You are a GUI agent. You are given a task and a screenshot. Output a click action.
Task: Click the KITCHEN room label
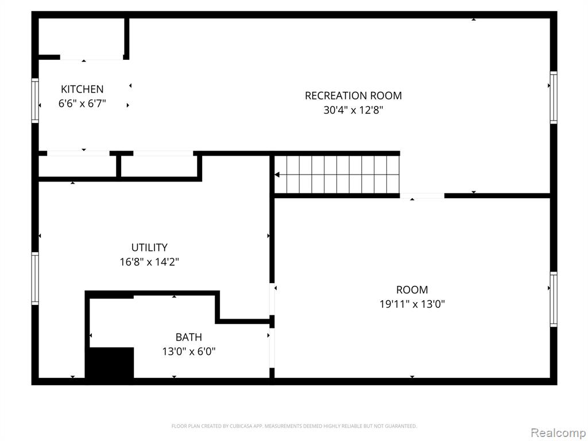[x=82, y=89]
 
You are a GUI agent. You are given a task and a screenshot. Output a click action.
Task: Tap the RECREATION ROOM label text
[x=353, y=96]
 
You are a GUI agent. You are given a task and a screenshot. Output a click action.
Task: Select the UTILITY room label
[x=149, y=247]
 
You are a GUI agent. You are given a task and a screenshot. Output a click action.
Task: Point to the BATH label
[x=188, y=337]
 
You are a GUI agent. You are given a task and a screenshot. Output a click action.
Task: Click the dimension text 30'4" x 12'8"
[x=353, y=110]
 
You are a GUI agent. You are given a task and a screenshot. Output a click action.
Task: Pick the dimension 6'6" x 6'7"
[x=82, y=103]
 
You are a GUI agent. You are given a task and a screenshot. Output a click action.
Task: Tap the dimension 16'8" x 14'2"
[x=149, y=262]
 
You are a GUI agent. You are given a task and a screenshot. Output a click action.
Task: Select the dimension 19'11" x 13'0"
[x=412, y=304]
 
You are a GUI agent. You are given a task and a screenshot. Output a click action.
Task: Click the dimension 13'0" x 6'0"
[x=188, y=351]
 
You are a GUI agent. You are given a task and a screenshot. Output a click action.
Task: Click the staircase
[x=336, y=175]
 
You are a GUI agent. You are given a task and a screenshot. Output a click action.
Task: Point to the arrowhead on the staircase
[x=277, y=175]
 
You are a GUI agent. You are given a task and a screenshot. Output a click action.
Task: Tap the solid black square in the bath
[x=111, y=363]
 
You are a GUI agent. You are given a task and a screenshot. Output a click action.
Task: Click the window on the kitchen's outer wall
[x=35, y=100]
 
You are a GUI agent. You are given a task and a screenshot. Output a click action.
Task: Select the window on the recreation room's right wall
[x=554, y=98]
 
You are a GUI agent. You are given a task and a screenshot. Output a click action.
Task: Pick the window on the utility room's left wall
[x=35, y=278]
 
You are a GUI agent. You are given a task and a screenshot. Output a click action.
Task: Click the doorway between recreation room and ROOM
[x=422, y=196]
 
